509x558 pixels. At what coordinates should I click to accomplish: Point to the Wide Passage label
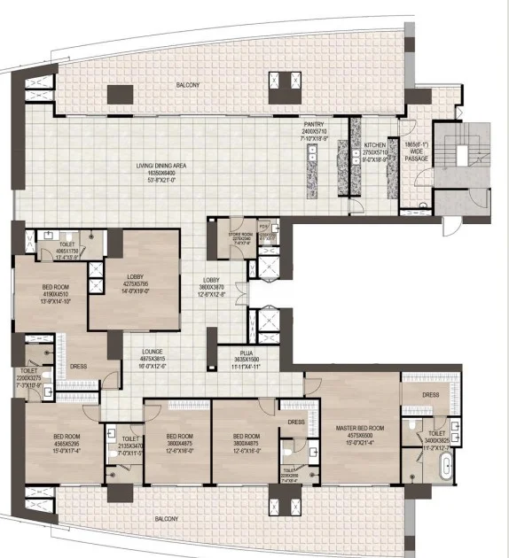(416, 151)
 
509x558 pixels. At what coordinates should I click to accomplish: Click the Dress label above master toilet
(431, 395)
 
